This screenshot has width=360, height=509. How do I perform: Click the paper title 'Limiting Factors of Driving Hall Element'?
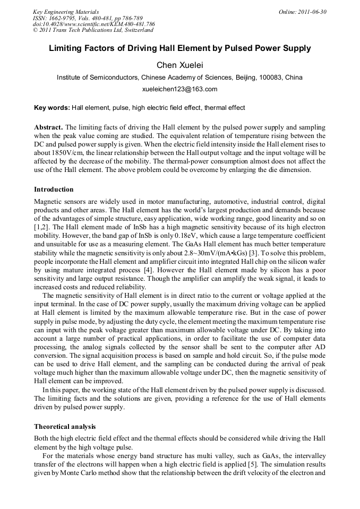click(x=179, y=48)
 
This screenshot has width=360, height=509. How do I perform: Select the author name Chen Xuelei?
click(x=179, y=65)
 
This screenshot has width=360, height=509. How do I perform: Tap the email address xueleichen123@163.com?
click(x=180, y=89)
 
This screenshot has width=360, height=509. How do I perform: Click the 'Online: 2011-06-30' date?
click(x=303, y=12)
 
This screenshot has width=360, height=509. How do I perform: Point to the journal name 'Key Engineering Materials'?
click(x=65, y=12)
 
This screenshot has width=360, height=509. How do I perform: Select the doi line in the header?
click(x=93, y=24)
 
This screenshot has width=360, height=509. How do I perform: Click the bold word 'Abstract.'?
click(x=48, y=128)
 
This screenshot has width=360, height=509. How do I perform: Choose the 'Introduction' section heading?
click(x=54, y=189)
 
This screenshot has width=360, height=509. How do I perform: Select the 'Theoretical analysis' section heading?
click(x=65, y=426)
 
